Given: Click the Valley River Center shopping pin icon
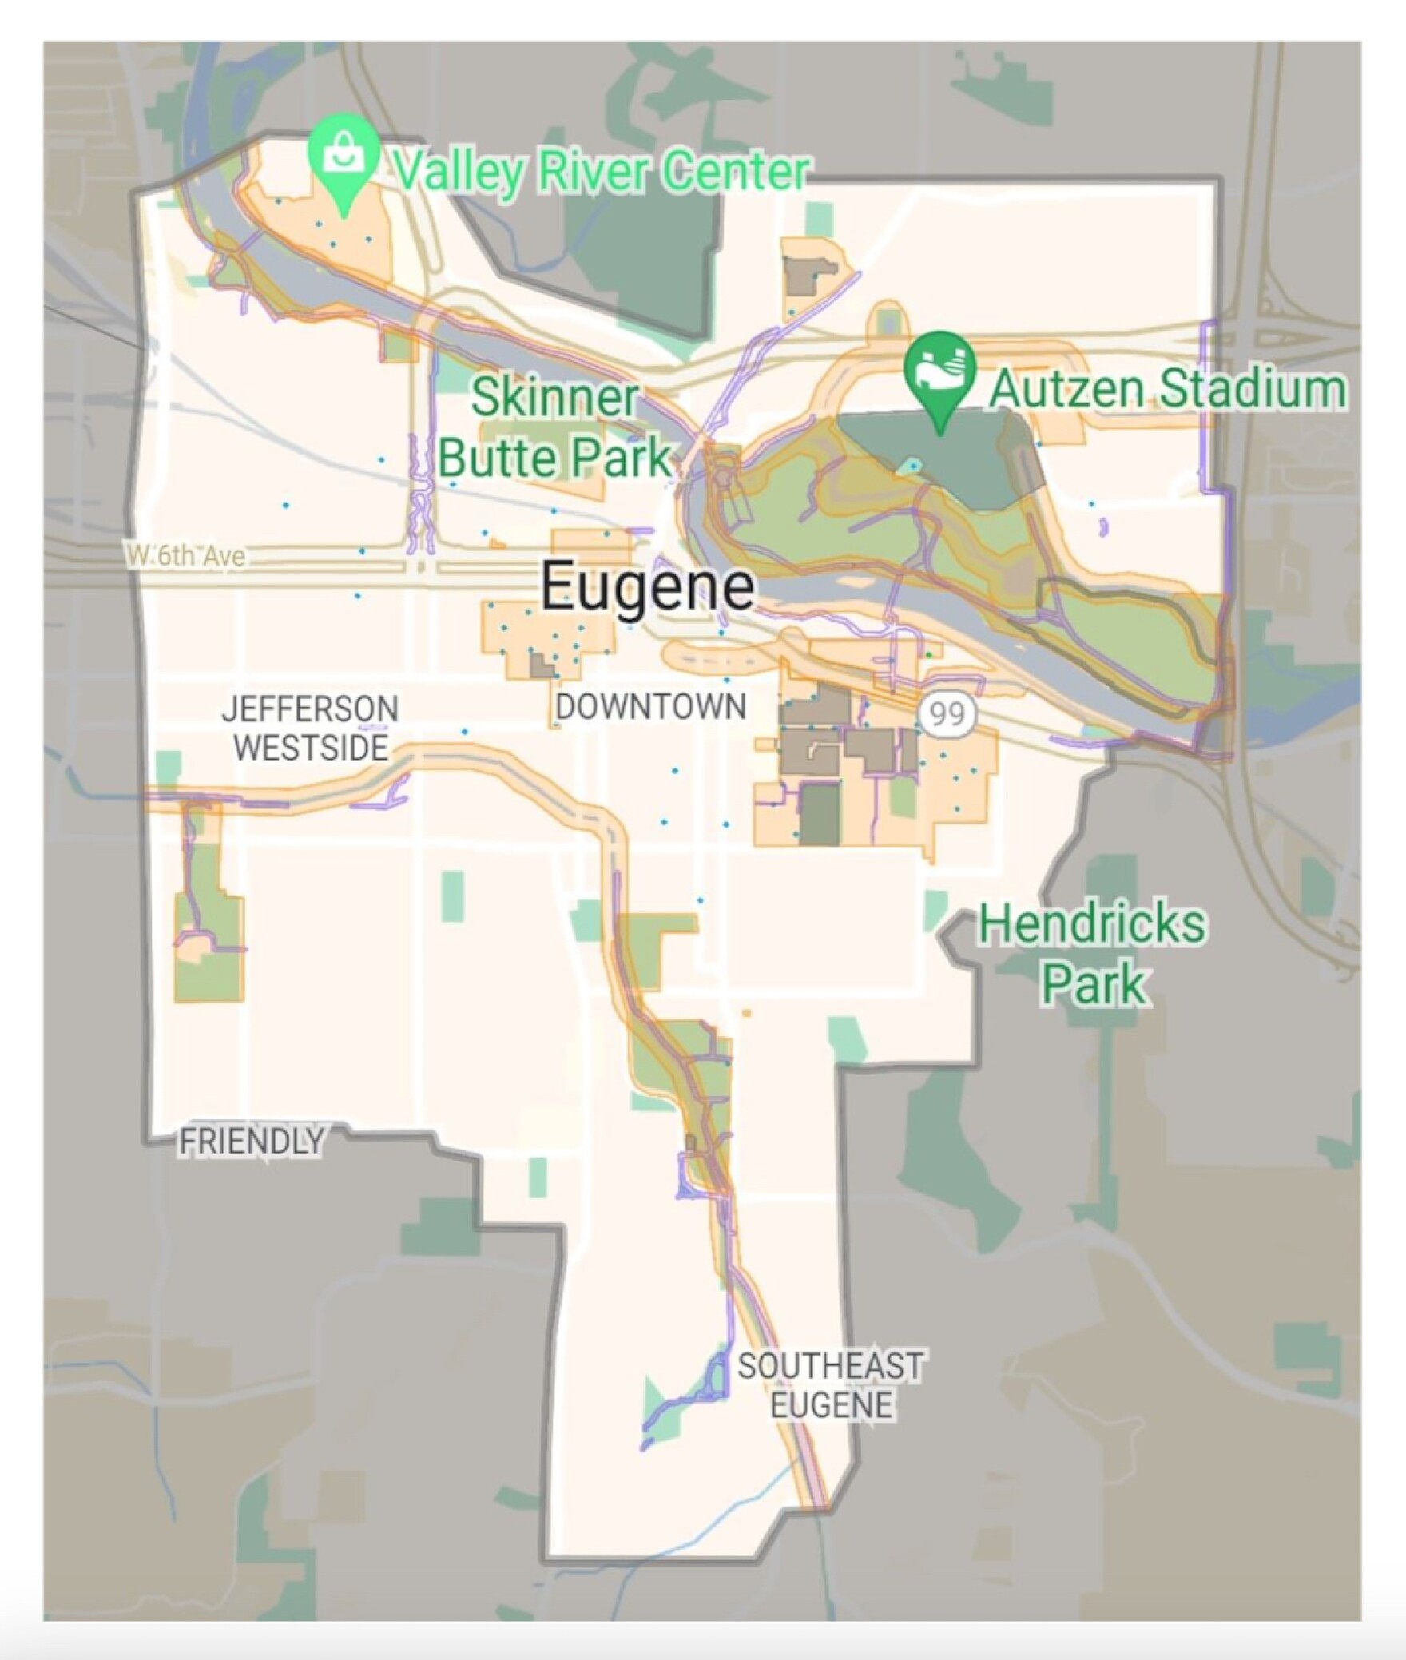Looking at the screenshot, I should pos(344,156).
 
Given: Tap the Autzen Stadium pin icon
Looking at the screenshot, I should pos(940,371).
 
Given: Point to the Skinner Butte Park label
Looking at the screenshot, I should pos(555,427).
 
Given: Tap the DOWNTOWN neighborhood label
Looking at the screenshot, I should pos(650,707).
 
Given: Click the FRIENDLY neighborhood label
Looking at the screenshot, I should pos(252,1142).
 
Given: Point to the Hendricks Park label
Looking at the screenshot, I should pos(1093,953).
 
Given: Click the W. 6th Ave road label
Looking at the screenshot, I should pos(185,555).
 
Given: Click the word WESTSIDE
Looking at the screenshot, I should pos(312,749).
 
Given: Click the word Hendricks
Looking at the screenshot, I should pos(1093,924).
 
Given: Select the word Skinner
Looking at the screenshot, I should pos(555,398).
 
